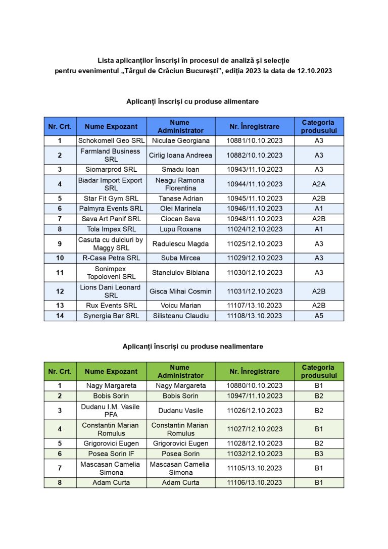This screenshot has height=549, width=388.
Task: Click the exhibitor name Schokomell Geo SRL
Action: click(111, 140)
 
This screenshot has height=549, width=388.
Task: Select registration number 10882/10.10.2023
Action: click(254, 155)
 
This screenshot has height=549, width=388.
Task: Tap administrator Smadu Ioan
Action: click(180, 170)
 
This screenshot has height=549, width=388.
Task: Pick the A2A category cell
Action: click(319, 184)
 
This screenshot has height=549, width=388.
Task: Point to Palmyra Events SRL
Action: click(111, 209)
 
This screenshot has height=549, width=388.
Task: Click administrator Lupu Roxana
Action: click(180, 229)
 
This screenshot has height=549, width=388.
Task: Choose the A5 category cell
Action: click(319, 316)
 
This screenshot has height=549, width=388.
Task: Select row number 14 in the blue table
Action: click(60, 316)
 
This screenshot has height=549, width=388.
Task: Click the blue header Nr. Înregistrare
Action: click(254, 126)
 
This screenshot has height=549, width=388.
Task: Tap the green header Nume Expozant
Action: click(111, 371)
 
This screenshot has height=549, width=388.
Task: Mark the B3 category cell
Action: click(319, 454)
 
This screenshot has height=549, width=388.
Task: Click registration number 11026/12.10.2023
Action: click(254, 411)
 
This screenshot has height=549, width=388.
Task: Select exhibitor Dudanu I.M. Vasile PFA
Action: click(111, 411)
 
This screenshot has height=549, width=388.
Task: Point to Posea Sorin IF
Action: click(111, 454)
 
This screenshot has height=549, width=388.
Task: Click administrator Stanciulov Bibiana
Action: click(180, 273)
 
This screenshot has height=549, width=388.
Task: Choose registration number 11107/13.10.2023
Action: click(254, 306)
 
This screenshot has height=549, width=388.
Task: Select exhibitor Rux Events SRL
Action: click(111, 306)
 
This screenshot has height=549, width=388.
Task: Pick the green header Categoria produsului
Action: click(319, 371)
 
